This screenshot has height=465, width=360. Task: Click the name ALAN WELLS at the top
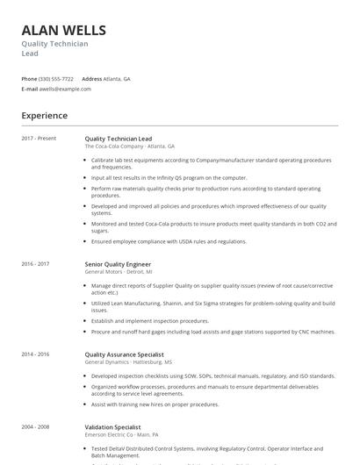[63, 30]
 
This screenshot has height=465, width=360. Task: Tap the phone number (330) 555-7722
[57, 78]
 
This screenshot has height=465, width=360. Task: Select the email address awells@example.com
[66, 89]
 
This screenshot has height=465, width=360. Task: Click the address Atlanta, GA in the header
[117, 78]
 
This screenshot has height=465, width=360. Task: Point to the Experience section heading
[44, 116]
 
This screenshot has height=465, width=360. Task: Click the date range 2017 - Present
[39, 139]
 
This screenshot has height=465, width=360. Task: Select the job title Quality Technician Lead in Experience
[118, 139]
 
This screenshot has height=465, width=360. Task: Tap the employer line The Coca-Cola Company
[129, 147]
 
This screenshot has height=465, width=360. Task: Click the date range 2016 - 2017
[35, 264]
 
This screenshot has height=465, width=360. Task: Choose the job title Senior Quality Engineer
[118, 264]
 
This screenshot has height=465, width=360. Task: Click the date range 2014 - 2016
[35, 354]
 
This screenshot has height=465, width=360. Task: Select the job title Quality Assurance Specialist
[124, 354]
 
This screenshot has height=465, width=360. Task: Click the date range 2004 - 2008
[35, 426]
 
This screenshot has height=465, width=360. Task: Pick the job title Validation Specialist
[112, 426]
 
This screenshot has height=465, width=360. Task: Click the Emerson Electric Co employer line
[121, 434]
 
